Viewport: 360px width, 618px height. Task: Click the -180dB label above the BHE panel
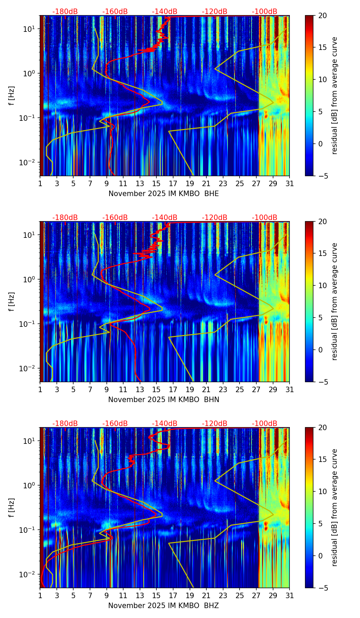(65, 12)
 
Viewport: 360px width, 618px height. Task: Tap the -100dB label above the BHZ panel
(265, 424)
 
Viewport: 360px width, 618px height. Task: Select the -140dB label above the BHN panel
(165, 218)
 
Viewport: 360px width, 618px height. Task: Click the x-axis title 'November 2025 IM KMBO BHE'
(164, 194)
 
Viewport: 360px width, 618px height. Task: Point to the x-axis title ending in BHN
(164, 400)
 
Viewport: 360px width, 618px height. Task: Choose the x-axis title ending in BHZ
(163, 606)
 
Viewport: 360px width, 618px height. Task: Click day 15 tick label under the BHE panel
(156, 184)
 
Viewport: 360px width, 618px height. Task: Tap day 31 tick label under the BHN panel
(290, 390)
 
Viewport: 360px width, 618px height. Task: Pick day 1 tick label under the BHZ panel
(40, 596)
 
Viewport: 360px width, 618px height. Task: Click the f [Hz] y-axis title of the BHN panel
(12, 301)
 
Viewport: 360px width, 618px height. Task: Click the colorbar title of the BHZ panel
(334, 507)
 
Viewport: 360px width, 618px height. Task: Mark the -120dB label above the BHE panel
(215, 12)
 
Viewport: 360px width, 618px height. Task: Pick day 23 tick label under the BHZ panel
(223, 596)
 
